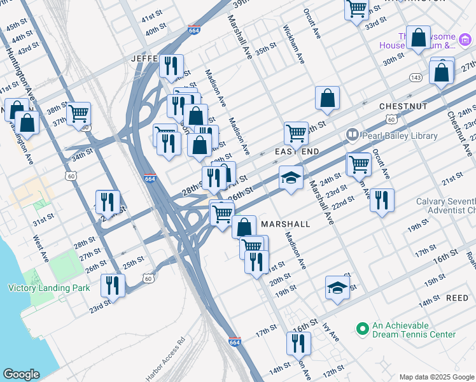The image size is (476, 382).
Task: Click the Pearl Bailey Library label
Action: [399, 136]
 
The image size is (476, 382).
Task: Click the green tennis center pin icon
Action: [362, 329]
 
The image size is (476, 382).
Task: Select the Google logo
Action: [21, 374]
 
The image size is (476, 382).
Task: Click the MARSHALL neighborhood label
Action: [285, 224]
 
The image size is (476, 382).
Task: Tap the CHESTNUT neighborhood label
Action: [403, 106]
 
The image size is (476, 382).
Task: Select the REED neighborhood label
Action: [457, 298]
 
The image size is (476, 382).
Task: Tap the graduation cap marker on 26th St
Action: [291, 178]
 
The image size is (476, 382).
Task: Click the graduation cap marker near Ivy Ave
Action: [337, 288]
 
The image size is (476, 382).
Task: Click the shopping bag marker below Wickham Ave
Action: [327, 99]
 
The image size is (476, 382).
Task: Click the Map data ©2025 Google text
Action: [437, 377]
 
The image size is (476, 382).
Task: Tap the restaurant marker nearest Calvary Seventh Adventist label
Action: [381, 201]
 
